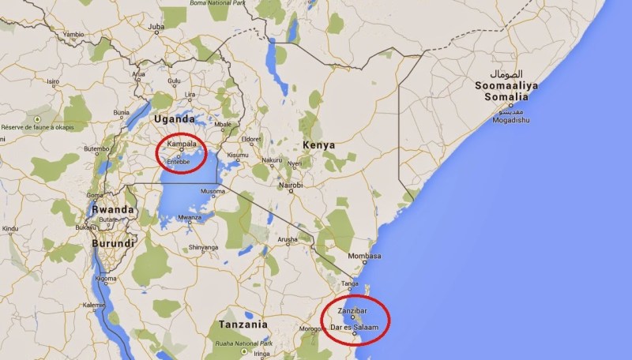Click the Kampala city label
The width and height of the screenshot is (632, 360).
pos(181,144)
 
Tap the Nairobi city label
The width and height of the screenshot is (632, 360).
pos(290,185)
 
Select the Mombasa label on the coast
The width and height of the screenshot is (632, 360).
pos(364,257)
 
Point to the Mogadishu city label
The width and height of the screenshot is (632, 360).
pos(511,121)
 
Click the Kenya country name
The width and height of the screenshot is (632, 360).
pos(318,145)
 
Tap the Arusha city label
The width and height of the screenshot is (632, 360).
pos(286,238)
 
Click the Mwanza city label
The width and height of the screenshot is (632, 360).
pos(186,217)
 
